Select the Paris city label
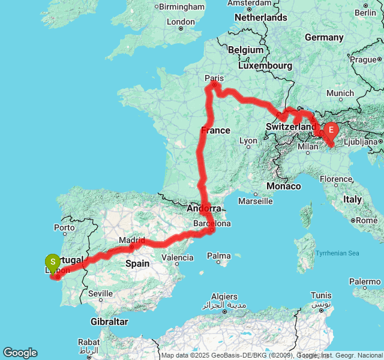point(214,78)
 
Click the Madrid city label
point(132,240)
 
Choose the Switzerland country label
point(291,127)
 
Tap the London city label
point(181,22)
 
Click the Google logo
point(20,353)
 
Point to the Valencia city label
point(178,258)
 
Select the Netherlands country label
point(260,17)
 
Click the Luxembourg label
point(265,65)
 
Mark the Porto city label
point(64,228)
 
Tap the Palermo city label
point(366,281)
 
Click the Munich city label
point(340,93)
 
